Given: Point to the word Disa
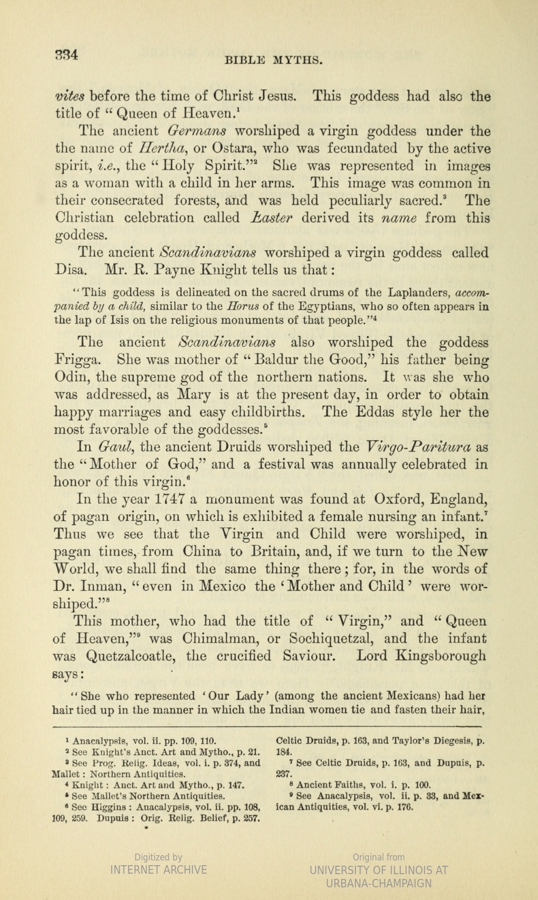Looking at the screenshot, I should pos(70,270).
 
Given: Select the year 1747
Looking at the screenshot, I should pos(162,499).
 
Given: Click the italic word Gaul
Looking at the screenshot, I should pos(114,448).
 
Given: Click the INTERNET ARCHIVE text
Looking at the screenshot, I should pos(158,869).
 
